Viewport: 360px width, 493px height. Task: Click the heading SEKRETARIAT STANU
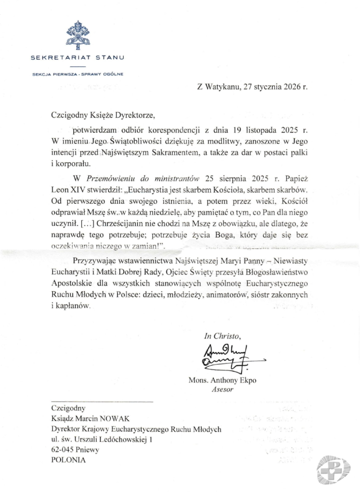77,58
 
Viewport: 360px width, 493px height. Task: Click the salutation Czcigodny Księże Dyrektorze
104,115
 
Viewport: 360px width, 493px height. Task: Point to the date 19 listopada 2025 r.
274,130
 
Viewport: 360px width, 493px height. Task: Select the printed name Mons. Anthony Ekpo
222,380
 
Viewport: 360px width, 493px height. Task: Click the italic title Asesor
222,389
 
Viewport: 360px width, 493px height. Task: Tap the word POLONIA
68,460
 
